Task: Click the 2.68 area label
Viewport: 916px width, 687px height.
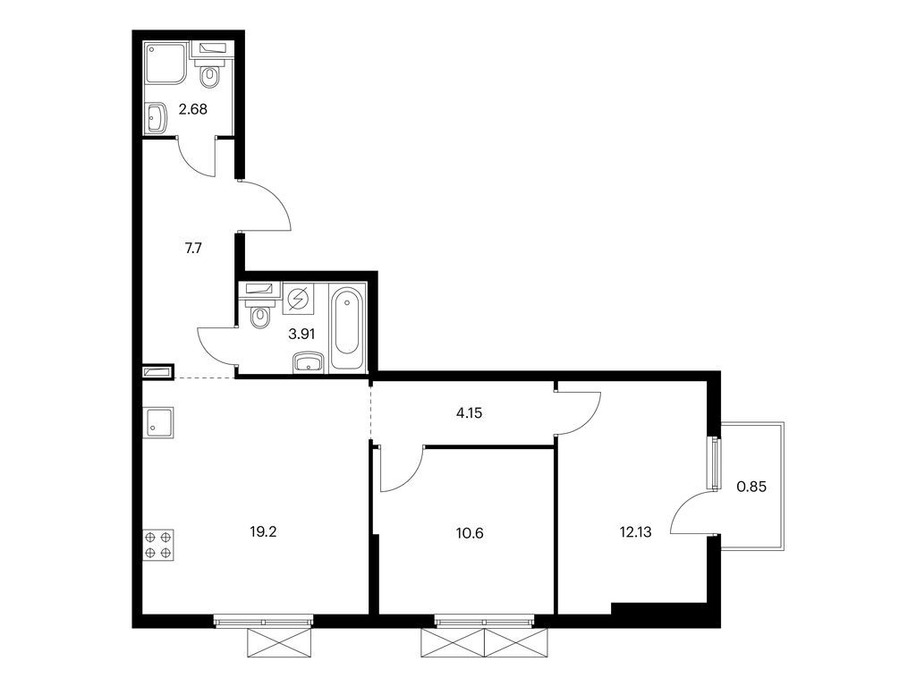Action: [x=193, y=109]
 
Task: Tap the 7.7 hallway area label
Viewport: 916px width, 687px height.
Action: [x=193, y=249]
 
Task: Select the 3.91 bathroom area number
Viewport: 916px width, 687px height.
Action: [x=301, y=335]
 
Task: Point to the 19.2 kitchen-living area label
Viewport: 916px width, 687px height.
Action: [x=263, y=531]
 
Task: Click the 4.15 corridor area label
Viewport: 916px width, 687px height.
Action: [x=469, y=413]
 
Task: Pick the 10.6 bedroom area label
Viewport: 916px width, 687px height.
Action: [x=470, y=533]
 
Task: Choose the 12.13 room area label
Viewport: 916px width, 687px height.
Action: [x=635, y=532]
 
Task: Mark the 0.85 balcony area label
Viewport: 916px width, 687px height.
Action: [x=751, y=486]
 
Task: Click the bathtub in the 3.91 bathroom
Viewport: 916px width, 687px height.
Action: [x=347, y=327]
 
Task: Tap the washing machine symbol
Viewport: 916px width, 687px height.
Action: [x=298, y=299]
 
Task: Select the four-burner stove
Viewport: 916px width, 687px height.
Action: [x=158, y=545]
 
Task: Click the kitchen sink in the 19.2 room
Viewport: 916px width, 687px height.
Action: [x=158, y=422]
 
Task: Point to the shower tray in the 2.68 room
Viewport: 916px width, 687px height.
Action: [x=165, y=64]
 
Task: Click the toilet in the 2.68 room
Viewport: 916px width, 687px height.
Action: [x=209, y=69]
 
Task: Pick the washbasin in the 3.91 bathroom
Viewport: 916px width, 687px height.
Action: [x=309, y=361]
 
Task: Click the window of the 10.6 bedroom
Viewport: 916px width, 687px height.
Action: [x=484, y=621]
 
